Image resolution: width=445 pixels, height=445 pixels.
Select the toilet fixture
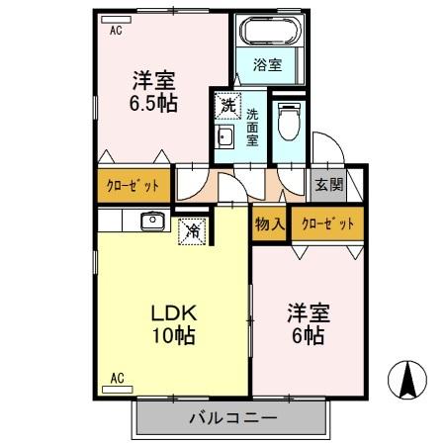pyautogui.click(x=288, y=124)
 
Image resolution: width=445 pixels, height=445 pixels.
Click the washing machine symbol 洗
pyautogui.click(x=227, y=103)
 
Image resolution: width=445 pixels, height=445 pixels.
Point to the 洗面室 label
pyautogui.click(x=251, y=127)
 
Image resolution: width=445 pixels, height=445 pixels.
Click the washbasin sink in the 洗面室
pyautogui.click(x=223, y=137)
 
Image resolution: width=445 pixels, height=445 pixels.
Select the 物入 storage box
pyautogui.click(x=269, y=223)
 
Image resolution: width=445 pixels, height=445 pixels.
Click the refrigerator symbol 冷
pyautogui.click(x=193, y=231)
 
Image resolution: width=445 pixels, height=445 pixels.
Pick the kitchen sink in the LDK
pyautogui.click(x=151, y=222)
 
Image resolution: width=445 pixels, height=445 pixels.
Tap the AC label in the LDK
pyautogui.click(x=116, y=378)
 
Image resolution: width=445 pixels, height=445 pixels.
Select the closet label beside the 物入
pyautogui.click(x=327, y=223)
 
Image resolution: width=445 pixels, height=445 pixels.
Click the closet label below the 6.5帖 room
pyautogui.click(x=133, y=184)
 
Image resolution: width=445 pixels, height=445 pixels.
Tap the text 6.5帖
pyautogui.click(x=153, y=102)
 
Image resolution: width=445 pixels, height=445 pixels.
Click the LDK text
pyautogui.click(x=172, y=312)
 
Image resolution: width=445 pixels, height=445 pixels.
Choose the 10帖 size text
pyautogui.click(x=172, y=336)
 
